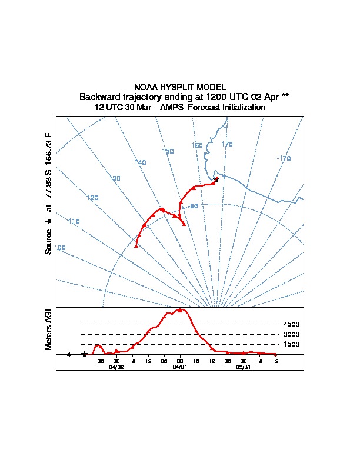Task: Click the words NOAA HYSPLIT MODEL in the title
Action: [179, 87]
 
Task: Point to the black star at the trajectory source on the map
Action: [216, 179]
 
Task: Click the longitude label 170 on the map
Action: [227, 144]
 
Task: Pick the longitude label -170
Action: [284, 158]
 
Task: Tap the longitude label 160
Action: [197, 145]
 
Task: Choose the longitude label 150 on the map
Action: [168, 151]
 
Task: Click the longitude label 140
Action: [140, 162]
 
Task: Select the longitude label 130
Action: [115, 178]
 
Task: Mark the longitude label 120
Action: [92, 198]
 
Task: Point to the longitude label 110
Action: [74, 221]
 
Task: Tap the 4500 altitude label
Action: [291, 324]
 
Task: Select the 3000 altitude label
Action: [291, 334]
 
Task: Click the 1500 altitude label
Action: [291, 344]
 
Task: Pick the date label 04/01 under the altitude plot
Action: [179, 366]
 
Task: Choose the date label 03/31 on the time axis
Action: [243, 366]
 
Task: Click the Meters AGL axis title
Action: [49, 328]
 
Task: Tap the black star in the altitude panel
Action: [85, 354]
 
